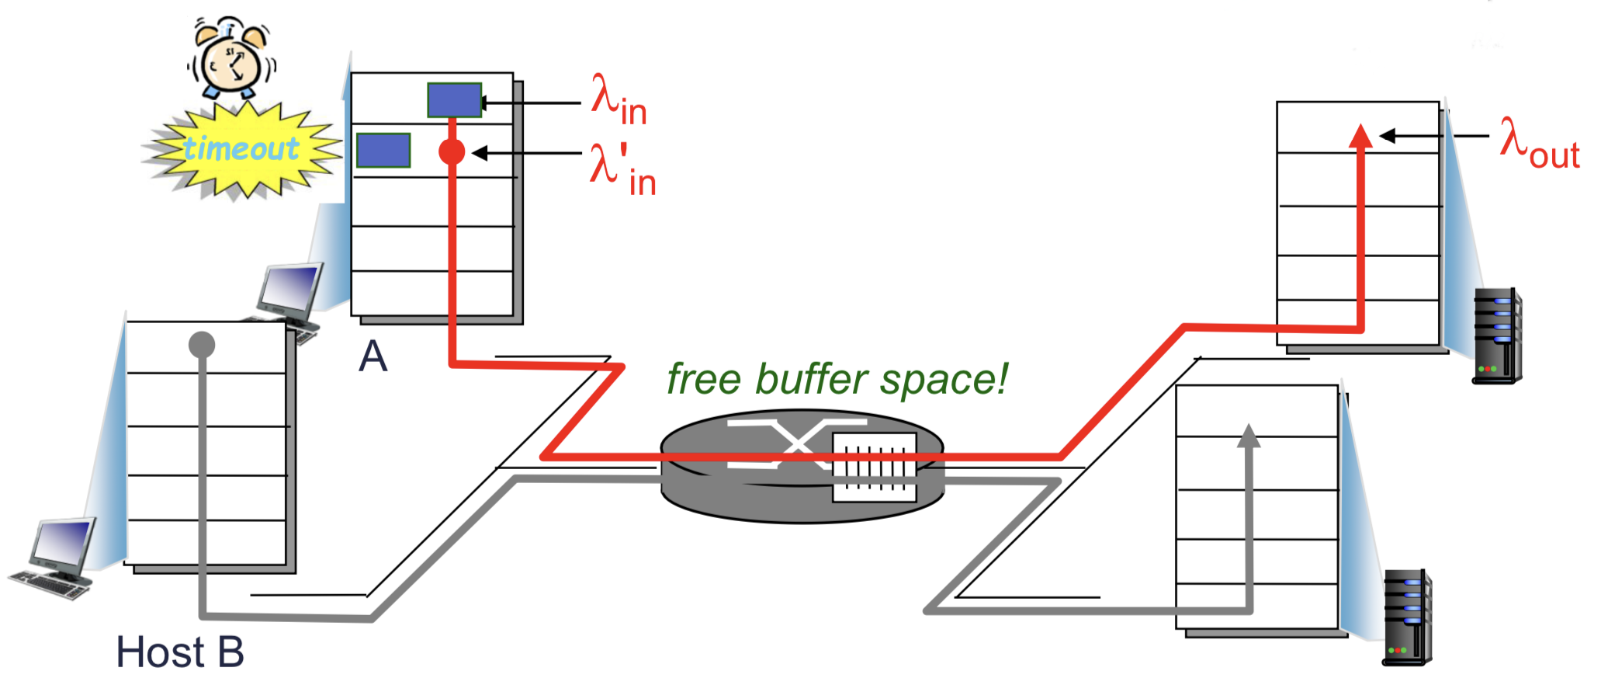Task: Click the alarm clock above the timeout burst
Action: pyautogui.click(x=231, y=59)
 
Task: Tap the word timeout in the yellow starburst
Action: pyautogui.click(x=241, y=148)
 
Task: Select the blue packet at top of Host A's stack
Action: pyautogui.click(x=455, y=100)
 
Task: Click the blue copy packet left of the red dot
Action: pyautogui.click(x=383, y=150)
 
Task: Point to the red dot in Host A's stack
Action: pyautogui.click(x=452, y=151)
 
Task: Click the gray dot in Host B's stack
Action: pyautogui.click(x=202, y=344)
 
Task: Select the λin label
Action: pyautogui.click(x=619, y=99)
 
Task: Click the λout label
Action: pyautogui.click(x=1540, y=143)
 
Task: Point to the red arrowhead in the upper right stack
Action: pyautogui.click(x=1360, y=136)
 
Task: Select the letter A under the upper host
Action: pyautogui.click(x=373, y=357)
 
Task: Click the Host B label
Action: pyautogui.click(x=180, y=651)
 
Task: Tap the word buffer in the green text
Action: pyautogui.click(x=811, y=380)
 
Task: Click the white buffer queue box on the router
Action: pyautogui.click(x=875, y=466)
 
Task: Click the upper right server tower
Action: pyautogui.click(x=1496, y=336)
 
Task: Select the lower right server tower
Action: pyautogui.click(x=1407, y=617)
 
